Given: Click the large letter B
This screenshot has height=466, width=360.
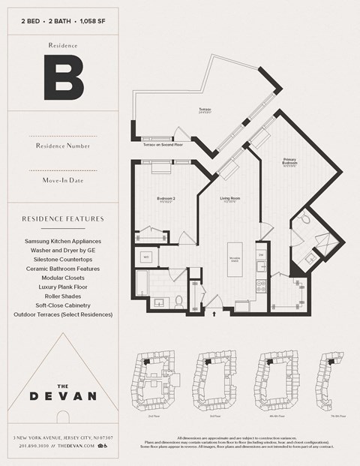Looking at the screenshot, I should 62,78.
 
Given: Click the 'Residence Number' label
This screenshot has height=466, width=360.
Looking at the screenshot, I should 63,145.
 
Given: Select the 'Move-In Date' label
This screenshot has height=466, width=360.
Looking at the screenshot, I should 63,181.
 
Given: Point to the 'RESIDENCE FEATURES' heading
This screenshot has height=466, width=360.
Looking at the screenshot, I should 63,219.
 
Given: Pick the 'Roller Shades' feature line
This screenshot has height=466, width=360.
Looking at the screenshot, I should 63,296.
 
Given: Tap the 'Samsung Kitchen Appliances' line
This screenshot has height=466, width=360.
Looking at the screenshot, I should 63,241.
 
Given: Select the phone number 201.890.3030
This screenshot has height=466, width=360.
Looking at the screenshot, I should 37,446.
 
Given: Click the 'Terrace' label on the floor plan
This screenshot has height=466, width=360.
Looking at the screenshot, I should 205,110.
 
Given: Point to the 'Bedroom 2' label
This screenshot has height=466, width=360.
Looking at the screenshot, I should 166,199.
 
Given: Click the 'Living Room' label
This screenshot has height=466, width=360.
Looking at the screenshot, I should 229,199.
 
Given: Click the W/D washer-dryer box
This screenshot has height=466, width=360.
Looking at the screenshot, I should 146,257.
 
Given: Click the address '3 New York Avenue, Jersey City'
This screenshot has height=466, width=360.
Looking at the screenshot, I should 63,437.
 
